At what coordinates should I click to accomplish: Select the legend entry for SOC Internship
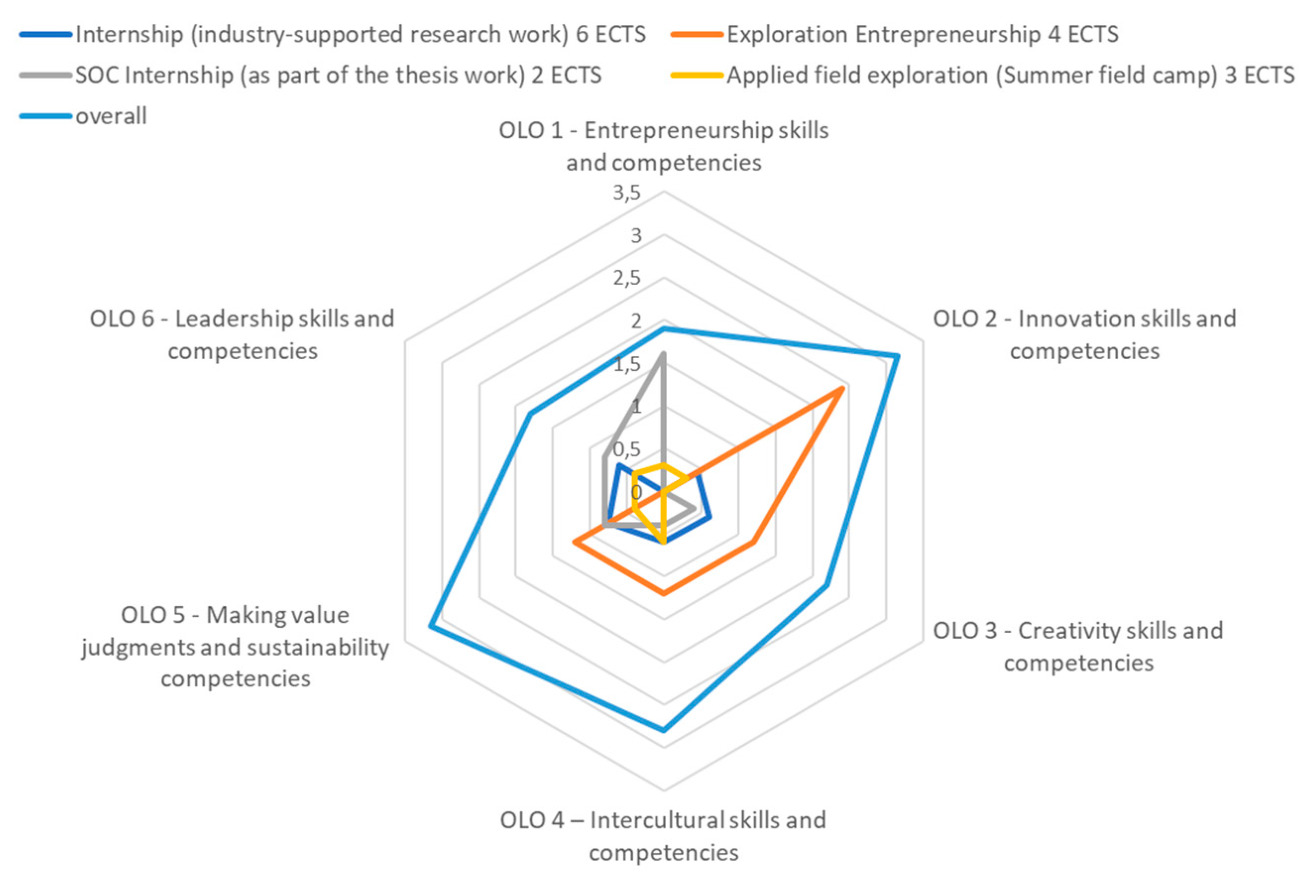(337, 75)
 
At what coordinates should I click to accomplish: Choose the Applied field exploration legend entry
(1010, 75)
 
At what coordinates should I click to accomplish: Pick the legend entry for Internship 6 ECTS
(360, 35)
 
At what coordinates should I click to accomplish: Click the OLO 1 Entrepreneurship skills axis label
(663, 146)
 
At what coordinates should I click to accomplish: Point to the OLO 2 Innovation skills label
(1085, 334)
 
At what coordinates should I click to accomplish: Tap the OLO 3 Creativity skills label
(1078, 646)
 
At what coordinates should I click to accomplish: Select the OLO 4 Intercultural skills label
(663, 836)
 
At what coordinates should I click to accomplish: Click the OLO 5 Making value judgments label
(235, 646)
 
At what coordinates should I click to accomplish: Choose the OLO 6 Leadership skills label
(242, 334)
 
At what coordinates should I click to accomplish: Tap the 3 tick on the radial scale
(636, 236)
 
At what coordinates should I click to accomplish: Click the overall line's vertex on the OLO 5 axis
(430, 626)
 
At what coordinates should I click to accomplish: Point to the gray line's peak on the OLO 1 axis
(663, 354)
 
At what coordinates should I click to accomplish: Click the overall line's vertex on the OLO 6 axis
(530, 415)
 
